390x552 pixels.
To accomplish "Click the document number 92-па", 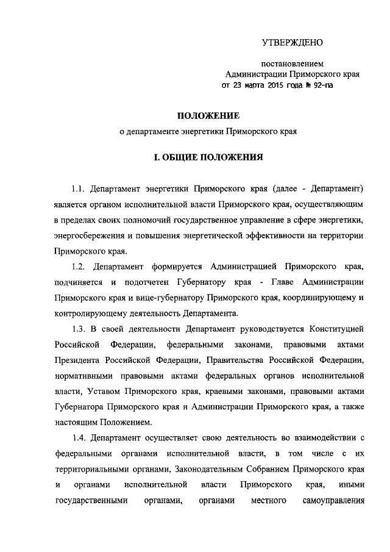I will [x=321, y=86].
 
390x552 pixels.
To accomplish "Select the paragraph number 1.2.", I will [x=79, y=267].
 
